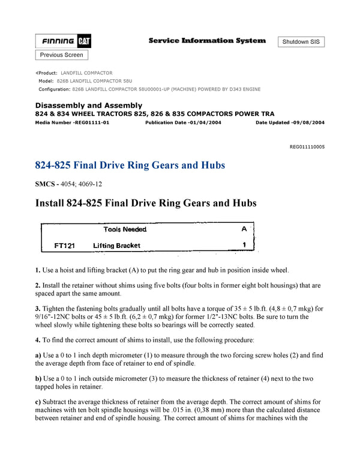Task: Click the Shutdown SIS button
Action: (301, 42)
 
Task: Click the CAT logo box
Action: (84, 41)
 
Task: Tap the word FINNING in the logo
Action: (58, 41)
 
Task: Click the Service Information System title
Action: (207, 41)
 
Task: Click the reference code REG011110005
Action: (307, 147)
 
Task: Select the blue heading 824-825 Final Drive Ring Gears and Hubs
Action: (130, 165)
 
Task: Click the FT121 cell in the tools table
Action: (64, 246)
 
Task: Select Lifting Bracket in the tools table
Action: (116, 246)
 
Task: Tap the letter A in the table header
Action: (244, 229)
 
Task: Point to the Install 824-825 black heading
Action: (146, 204)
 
